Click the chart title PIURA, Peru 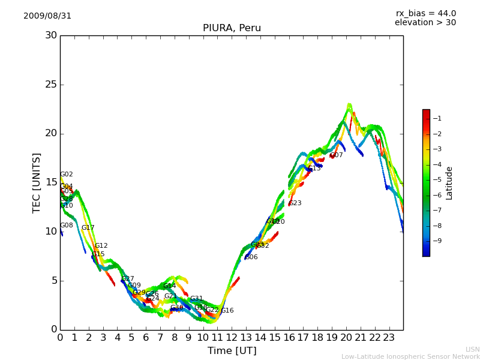point(232,28)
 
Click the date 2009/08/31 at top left point(47,16)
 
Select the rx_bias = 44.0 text point(425,14)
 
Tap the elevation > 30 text point(425,23)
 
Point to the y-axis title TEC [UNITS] point(37,182)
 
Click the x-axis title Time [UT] point(232,351)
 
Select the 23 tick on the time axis point(389,337)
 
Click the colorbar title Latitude point(449,183)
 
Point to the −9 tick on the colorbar point(437,241)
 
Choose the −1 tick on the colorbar point(437,118)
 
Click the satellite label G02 point(66,175)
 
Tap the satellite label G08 point(66,226)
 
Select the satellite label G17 point(88,228)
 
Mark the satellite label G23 point(295,203)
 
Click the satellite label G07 point(337,155)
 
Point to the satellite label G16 point(227,311)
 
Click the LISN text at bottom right point(472,349)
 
